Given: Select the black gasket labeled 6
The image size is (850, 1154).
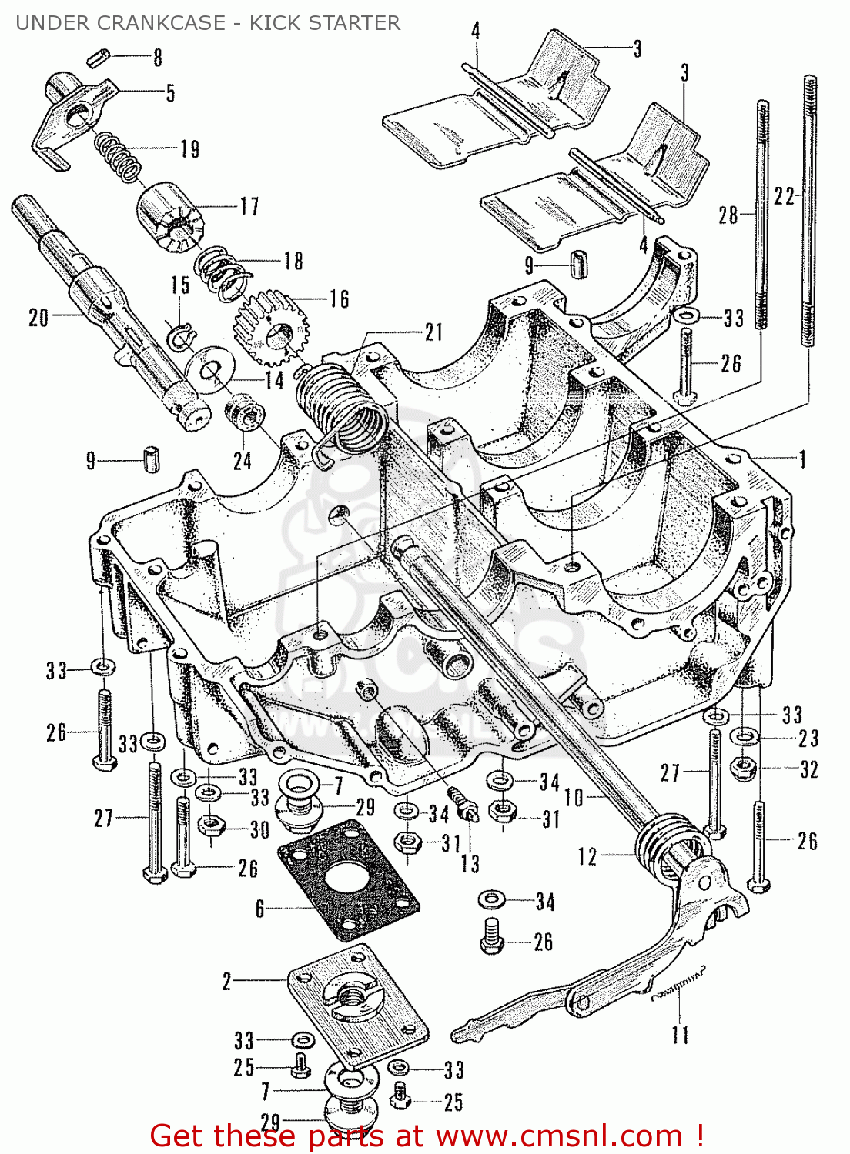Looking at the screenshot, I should [348, 879].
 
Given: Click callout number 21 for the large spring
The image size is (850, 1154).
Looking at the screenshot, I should [433, 332].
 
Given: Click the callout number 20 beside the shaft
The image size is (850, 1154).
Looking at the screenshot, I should [38, 317].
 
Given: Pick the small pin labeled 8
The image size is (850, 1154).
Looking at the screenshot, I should [100, 55].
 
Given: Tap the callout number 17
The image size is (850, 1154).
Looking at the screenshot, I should [249, 206].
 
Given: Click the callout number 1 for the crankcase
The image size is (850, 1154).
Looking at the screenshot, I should [802, 459].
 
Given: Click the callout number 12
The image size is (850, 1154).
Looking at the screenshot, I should [587, 856].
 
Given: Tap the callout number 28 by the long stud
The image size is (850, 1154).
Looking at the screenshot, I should [728, 215].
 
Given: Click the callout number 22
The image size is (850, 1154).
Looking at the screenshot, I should [784, 197].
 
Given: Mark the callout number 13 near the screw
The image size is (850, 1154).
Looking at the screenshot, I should [470, 863].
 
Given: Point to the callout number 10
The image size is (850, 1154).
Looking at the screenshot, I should [574, 797].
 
